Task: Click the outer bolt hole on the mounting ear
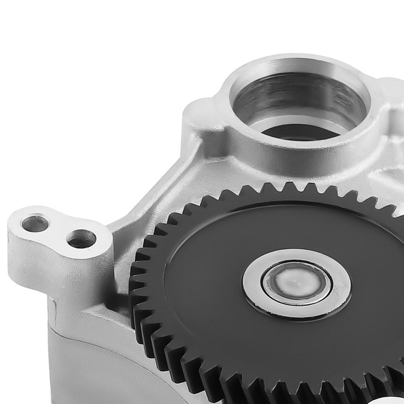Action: click(x=35, y=223)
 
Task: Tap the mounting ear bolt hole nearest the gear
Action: click(x=81, y=239)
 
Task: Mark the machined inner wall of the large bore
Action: click(x=299, y=97)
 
